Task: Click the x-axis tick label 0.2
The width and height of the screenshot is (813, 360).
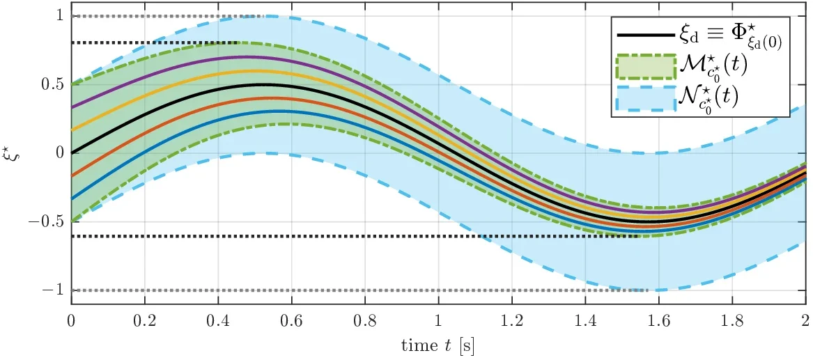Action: tap(145, 318)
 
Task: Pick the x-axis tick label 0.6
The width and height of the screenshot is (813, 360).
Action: tap(291, 318)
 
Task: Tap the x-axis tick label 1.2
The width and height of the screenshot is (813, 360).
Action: tap(511, 318)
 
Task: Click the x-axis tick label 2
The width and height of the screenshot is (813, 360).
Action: tap(804, 318)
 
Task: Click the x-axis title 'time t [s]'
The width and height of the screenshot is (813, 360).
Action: tap(438, 343)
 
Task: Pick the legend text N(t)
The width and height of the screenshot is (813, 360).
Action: tap(709, 99)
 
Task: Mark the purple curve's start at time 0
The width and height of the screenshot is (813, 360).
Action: tap(71, 108)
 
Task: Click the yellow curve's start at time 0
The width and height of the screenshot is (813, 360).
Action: tap(71, 130)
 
